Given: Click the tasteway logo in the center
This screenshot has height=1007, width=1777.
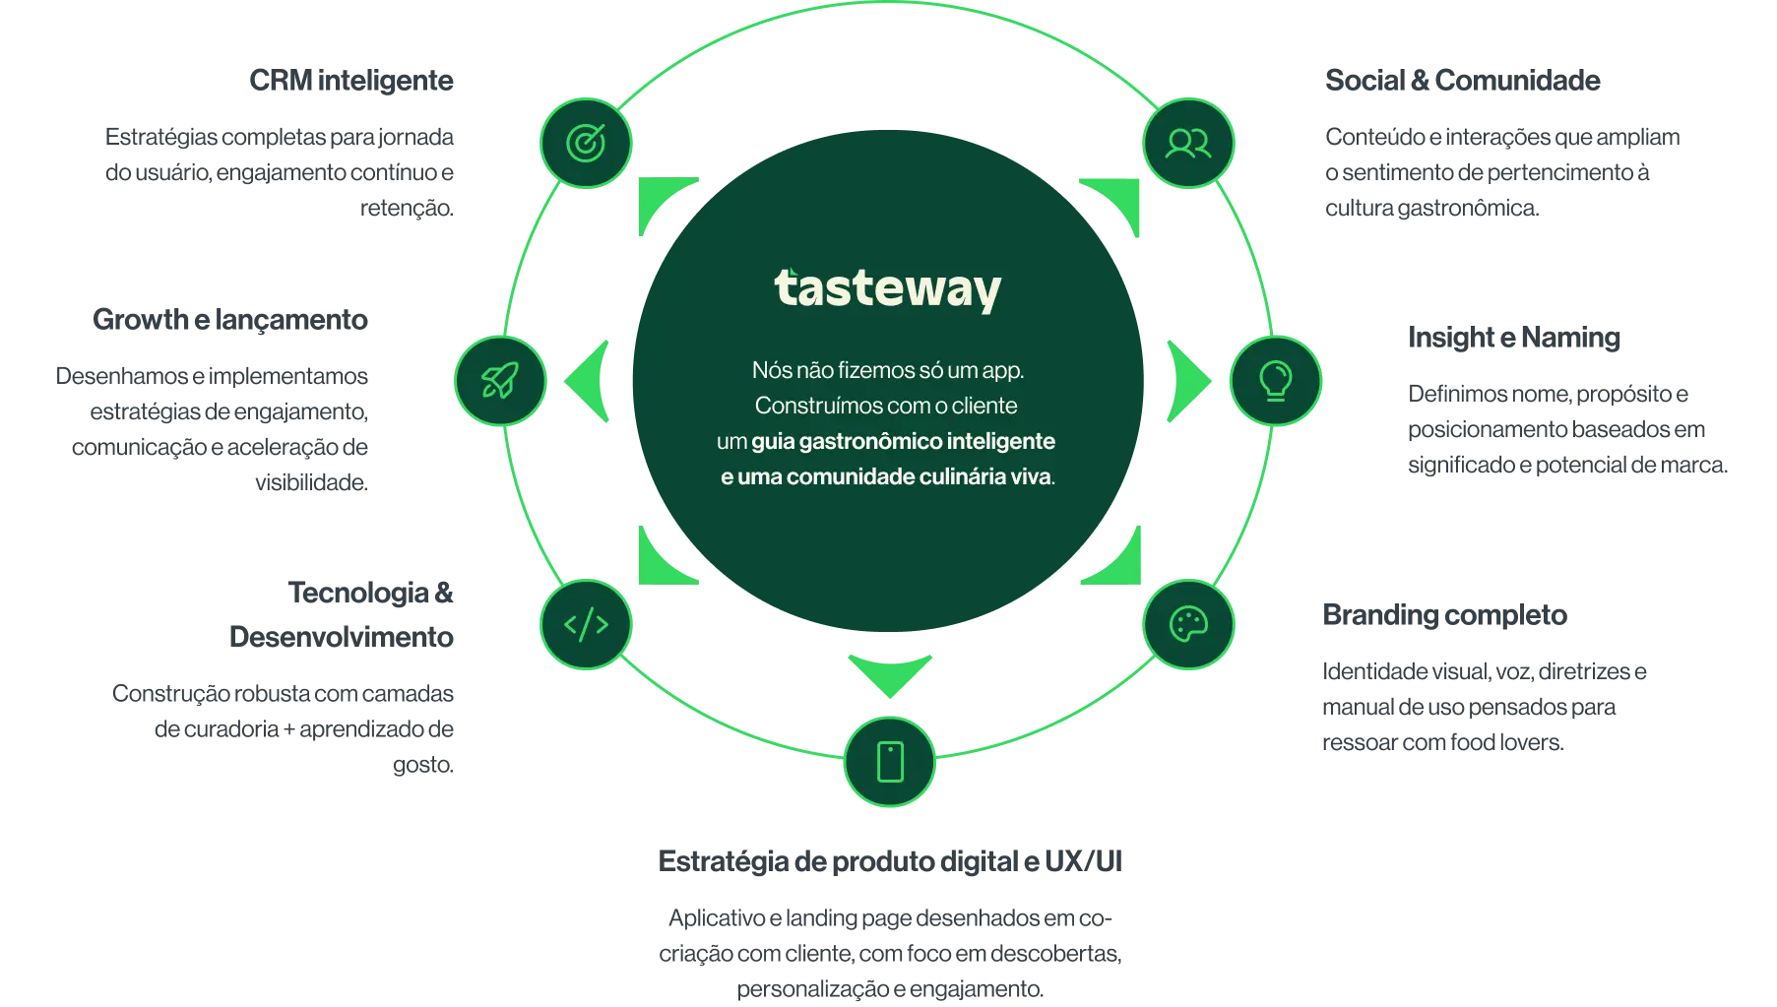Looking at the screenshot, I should tap(887, 289).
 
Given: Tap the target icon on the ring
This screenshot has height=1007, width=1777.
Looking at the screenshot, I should tap(586, 144).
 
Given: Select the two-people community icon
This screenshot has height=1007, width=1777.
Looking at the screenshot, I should tap(1188, 144).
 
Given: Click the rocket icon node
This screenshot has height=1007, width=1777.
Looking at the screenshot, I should tap(499, 381).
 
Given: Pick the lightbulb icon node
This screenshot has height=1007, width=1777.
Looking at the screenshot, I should tap(1275, 381).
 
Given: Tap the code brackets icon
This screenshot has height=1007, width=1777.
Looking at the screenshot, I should tap(586, 624).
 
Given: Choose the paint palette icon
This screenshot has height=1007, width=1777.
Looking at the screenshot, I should tap(1188, 624).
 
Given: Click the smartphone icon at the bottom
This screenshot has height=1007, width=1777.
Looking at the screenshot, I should tap(890, 762).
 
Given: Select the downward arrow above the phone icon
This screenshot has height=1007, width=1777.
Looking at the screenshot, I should tap(890, 673).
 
